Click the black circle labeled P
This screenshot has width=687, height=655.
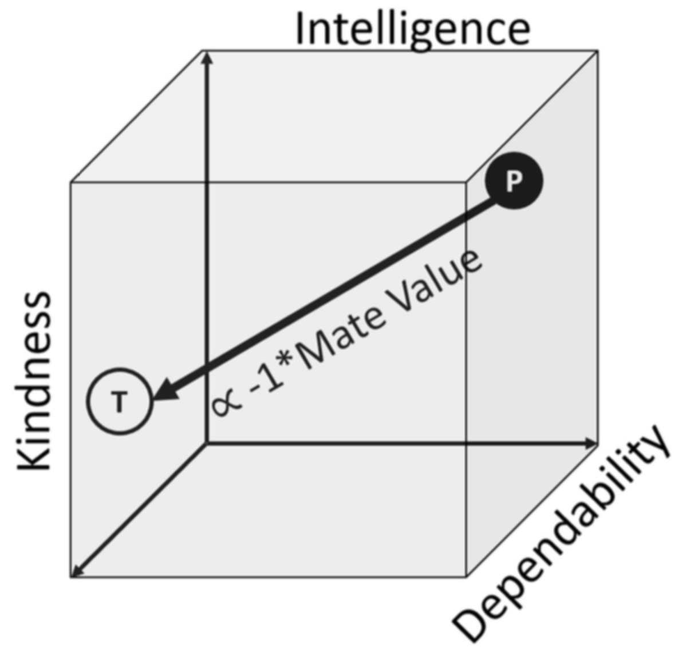[514, 181]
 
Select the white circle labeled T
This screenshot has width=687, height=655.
[120, 401]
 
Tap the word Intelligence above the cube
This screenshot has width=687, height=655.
[413, 30]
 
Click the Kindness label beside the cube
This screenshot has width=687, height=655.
[34, 381]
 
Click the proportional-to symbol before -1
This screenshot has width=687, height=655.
[227, 405]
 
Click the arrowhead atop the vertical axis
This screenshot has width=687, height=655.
[208, 58]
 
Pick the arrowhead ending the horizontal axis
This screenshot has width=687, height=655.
[591, 444]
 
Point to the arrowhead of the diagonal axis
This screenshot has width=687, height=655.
[76, 571]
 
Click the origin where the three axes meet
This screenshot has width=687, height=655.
[208, 444]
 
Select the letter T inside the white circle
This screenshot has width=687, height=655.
[120, 402]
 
